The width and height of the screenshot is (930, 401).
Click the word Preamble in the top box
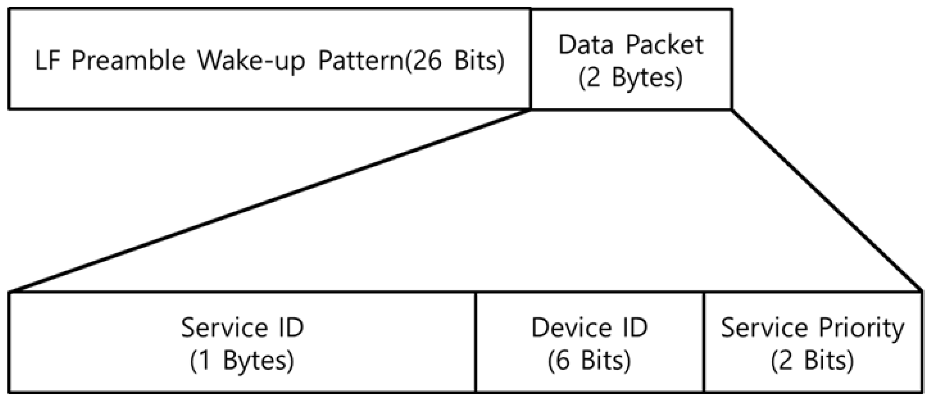128,60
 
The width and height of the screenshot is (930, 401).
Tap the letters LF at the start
47,60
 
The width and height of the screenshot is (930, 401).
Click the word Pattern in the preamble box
361,60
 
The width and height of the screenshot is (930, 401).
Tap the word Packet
664,45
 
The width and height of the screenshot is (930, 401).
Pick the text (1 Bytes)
242,361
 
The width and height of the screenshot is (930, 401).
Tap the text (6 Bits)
589,361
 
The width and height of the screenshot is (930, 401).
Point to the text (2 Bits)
812,361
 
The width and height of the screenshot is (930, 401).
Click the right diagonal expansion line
827,200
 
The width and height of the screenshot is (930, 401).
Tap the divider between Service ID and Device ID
476,342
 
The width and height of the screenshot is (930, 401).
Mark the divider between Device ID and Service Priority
704,342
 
